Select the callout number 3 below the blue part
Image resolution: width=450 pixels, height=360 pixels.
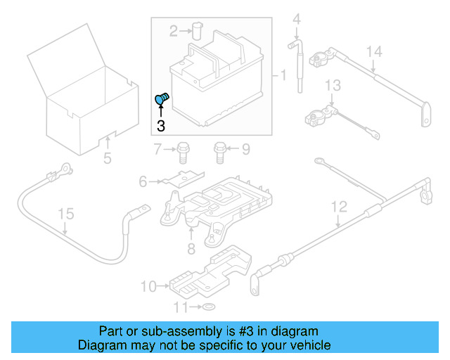click(161, 126)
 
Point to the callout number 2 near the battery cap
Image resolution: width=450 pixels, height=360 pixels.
click(174, 30)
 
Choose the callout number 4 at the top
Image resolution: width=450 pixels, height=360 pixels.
click(296, 18)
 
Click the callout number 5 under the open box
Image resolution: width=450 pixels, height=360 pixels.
click(107, 158)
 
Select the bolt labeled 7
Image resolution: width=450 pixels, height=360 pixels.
click(184, 150)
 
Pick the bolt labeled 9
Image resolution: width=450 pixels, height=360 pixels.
click(219, 150)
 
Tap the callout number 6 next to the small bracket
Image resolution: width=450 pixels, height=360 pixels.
click(143, 182)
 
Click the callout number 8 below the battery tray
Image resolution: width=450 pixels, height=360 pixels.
click(191, 248)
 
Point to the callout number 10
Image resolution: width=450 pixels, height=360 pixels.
click(148, 286)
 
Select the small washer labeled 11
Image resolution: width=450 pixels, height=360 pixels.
click(208, 308)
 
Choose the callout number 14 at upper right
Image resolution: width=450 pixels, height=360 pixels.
click(373, 51)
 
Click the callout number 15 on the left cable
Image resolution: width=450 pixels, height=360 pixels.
click(65, 214)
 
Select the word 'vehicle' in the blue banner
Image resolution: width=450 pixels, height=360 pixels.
click(311, 345)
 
